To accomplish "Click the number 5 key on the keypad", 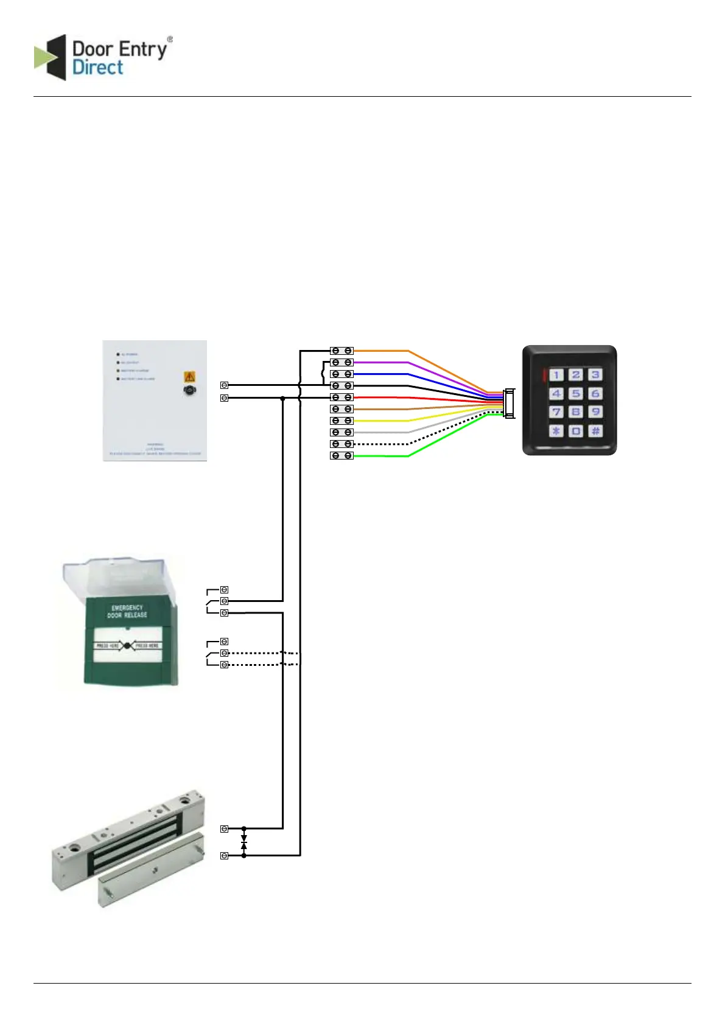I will click(576, 394).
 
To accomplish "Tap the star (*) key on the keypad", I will click(556, 431).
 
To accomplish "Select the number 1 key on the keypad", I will click(556, 375).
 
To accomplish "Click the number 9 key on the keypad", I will click(595, 412).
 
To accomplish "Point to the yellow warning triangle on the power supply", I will click(189, 377).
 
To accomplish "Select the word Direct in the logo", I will click(97, 68).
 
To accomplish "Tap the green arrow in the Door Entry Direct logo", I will click(43, 58).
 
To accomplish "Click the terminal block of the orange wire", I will click(341, 351).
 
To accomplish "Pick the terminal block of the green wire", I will click(341, 455).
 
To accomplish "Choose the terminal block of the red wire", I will click(341, 397).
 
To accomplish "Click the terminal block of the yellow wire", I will click(341, 421).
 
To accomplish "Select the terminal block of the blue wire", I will click(341, 374).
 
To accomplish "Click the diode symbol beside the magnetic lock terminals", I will click(244, 842).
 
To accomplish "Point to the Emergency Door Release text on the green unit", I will click(127, 611).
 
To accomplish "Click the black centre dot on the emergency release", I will click(127, 645).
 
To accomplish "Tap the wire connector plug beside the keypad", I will click(510, 404).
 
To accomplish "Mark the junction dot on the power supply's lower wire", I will click(283, 398).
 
